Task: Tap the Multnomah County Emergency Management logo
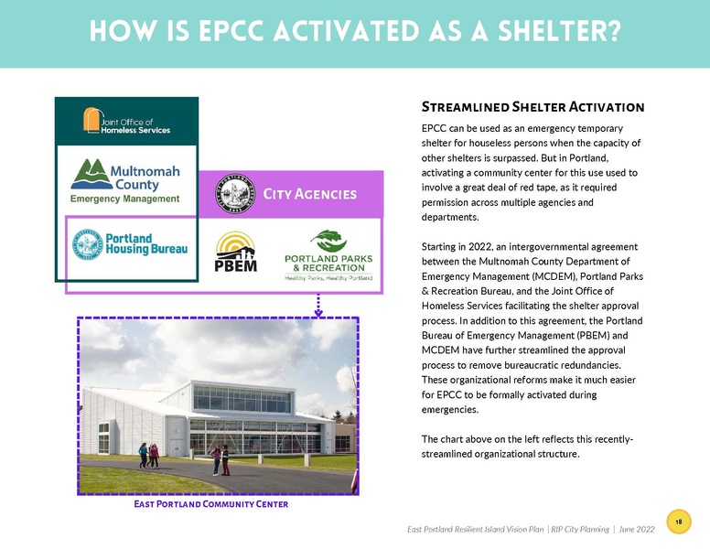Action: [126, 180]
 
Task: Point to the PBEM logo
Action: [235, 253]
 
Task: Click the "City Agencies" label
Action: [309, 194]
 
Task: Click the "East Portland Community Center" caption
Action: [211, 504]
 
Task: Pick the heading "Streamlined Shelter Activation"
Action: [533, 107]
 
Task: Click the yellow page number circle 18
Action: [679, 521]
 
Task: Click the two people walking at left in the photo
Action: [148, 455]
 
